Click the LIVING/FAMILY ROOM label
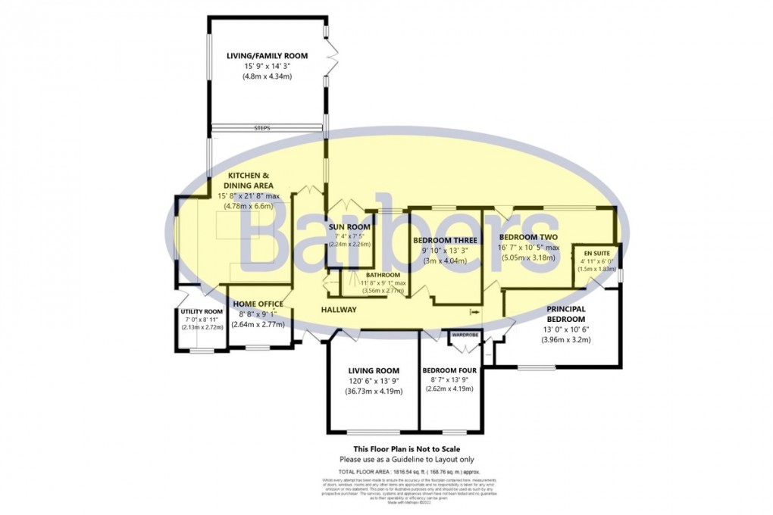point(267,55)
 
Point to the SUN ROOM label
point(349,226)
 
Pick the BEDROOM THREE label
point(445,240)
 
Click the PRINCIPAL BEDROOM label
point(566,314)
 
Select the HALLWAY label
point(339,310)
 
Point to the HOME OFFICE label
point(258,304)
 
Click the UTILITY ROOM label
point(202,311)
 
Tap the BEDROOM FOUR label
point(449,370)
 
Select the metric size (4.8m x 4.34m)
point(267,76)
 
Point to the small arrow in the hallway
point(474,311)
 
